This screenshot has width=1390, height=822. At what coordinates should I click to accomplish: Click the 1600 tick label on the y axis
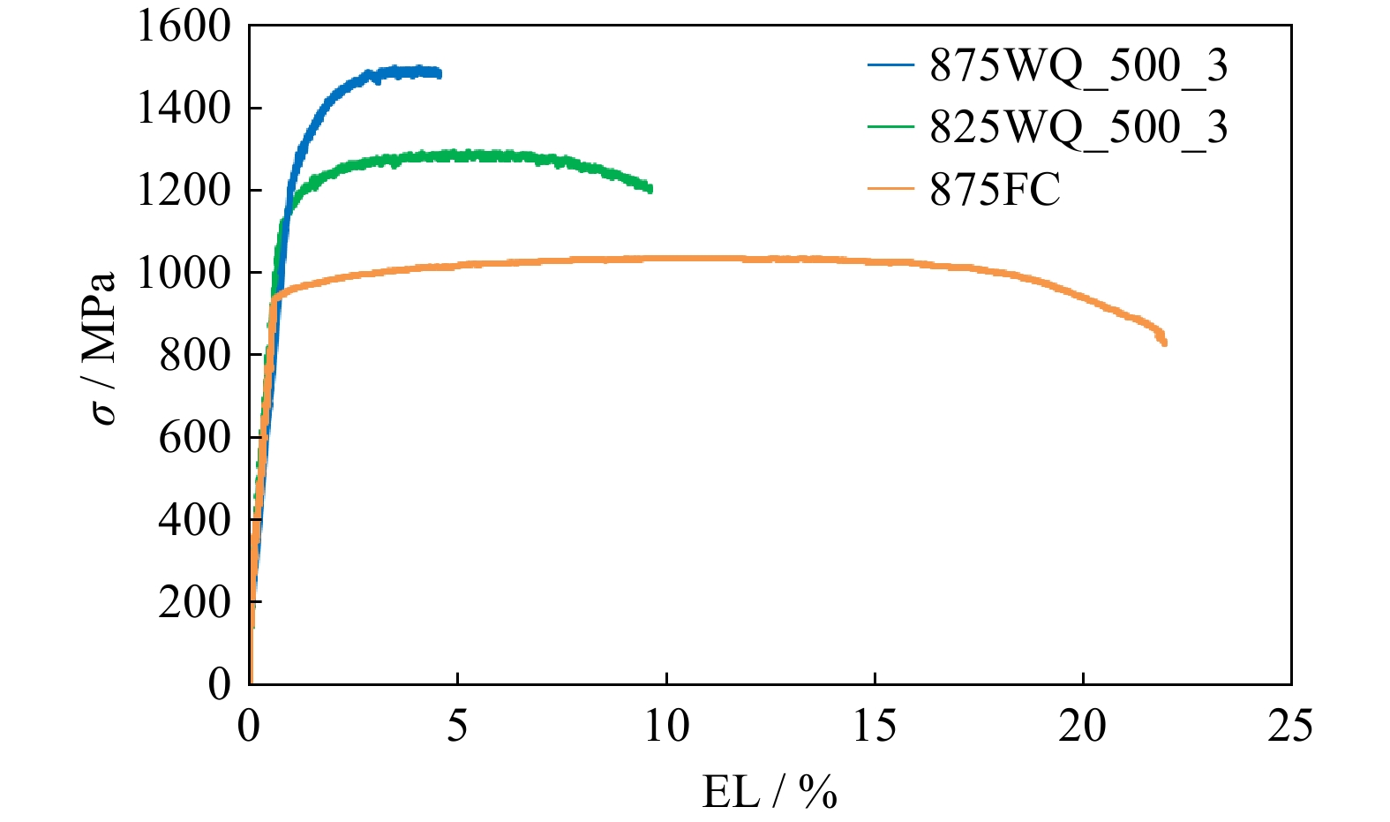(183, 27)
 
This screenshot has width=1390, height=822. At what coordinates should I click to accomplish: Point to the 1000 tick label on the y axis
(183, 273)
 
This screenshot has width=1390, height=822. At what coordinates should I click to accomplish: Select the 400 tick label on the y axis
(194, 519)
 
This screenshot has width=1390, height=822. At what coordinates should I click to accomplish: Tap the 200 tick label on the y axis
(194, 601)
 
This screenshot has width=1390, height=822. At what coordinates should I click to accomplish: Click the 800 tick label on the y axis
(194, 355)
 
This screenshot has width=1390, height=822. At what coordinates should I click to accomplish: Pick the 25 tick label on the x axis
(1290, 727)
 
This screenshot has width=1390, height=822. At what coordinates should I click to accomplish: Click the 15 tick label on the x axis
(874, 727)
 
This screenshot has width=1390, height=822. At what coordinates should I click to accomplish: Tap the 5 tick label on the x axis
(457, 727)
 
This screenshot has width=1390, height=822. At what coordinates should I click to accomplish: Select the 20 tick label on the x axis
(1082, 727)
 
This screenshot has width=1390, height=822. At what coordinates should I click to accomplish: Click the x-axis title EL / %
(769, 792)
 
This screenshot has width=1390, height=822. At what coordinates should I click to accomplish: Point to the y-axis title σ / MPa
(104, 349)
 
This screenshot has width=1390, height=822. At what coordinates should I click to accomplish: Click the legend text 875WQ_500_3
(1078, 65)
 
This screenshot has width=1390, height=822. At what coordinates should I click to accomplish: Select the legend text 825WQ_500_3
(1078, 127)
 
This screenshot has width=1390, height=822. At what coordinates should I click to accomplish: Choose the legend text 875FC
(995, 189)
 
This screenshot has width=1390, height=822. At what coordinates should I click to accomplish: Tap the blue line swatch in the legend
(890, 65)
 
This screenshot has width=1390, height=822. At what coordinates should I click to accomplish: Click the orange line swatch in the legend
(890, 189)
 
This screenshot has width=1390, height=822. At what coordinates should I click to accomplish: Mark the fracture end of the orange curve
(1165, 343)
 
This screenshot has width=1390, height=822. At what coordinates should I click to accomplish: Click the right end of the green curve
(650, 188)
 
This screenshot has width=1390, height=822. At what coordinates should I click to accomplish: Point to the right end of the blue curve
(439, 74)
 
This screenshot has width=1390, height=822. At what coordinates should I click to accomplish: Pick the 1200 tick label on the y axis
(183, 191)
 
